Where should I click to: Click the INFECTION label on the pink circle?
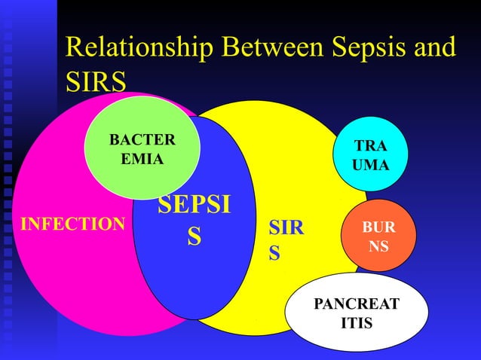click(x=72, y=224)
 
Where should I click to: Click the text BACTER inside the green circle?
click(x=142, y=141)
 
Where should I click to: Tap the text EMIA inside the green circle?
click(x=142, y=160)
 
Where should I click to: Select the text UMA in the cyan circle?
click(x=370, y=164)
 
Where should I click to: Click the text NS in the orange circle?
click(x=378, y=246)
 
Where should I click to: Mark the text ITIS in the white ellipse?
click(x=357, y=324)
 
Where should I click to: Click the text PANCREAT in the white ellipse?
click(x=357, y=305)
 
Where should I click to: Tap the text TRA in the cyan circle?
click(x=370, y=145)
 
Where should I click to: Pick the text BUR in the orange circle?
click(x=378, y=227)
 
